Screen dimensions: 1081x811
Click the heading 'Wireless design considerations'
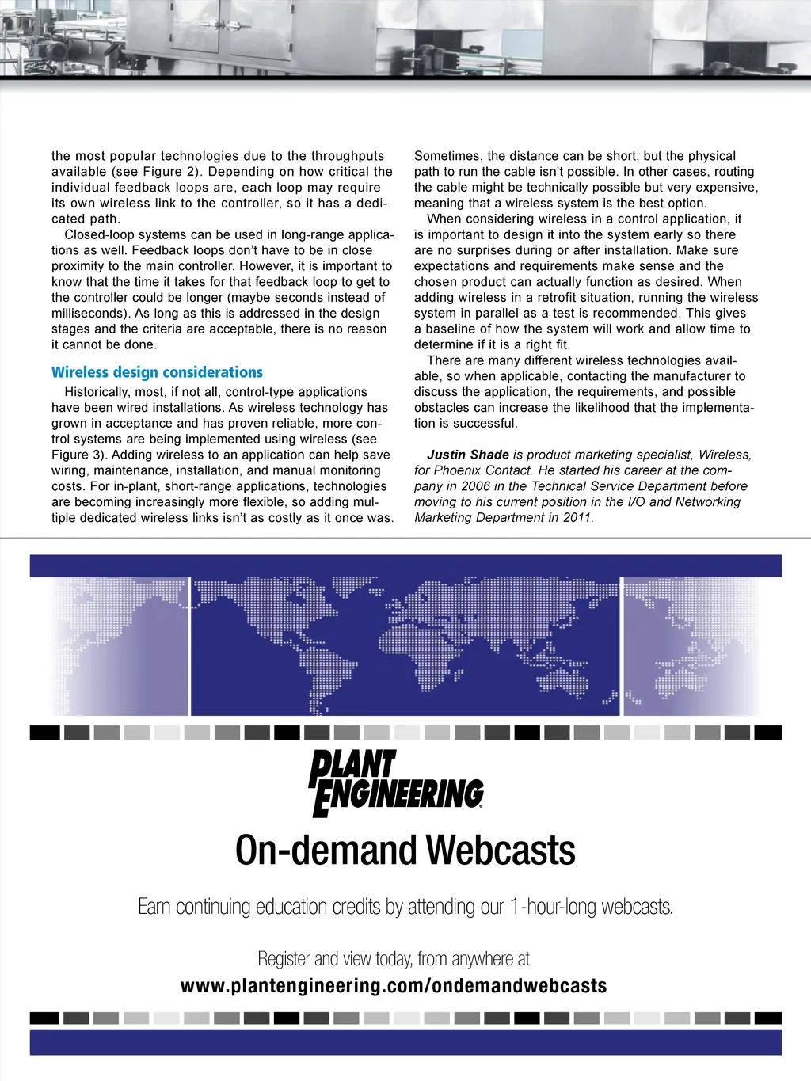(157, 372)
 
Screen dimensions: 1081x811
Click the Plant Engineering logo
(396, 783)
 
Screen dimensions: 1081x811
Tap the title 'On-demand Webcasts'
(405, 851)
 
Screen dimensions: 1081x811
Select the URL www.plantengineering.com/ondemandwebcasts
(394, 986)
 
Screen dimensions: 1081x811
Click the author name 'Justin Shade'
(467, 455)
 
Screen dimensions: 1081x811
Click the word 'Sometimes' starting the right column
(447, 156)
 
